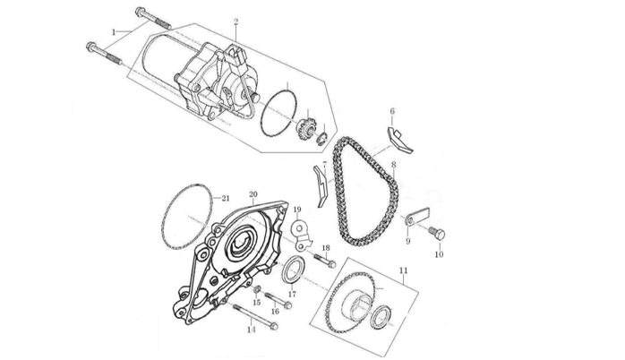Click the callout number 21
pos(226,198)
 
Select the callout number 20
pos(253,193)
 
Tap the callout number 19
pos(296,210)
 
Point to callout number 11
pos(403,269)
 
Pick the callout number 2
pos(235,21)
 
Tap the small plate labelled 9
pos(414,218)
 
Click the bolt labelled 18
pos(324,261)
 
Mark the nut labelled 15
pos(257,290)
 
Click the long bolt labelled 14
pos(255,315)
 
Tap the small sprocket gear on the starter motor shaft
pos(305,132)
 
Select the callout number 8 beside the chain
pos(393,165)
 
